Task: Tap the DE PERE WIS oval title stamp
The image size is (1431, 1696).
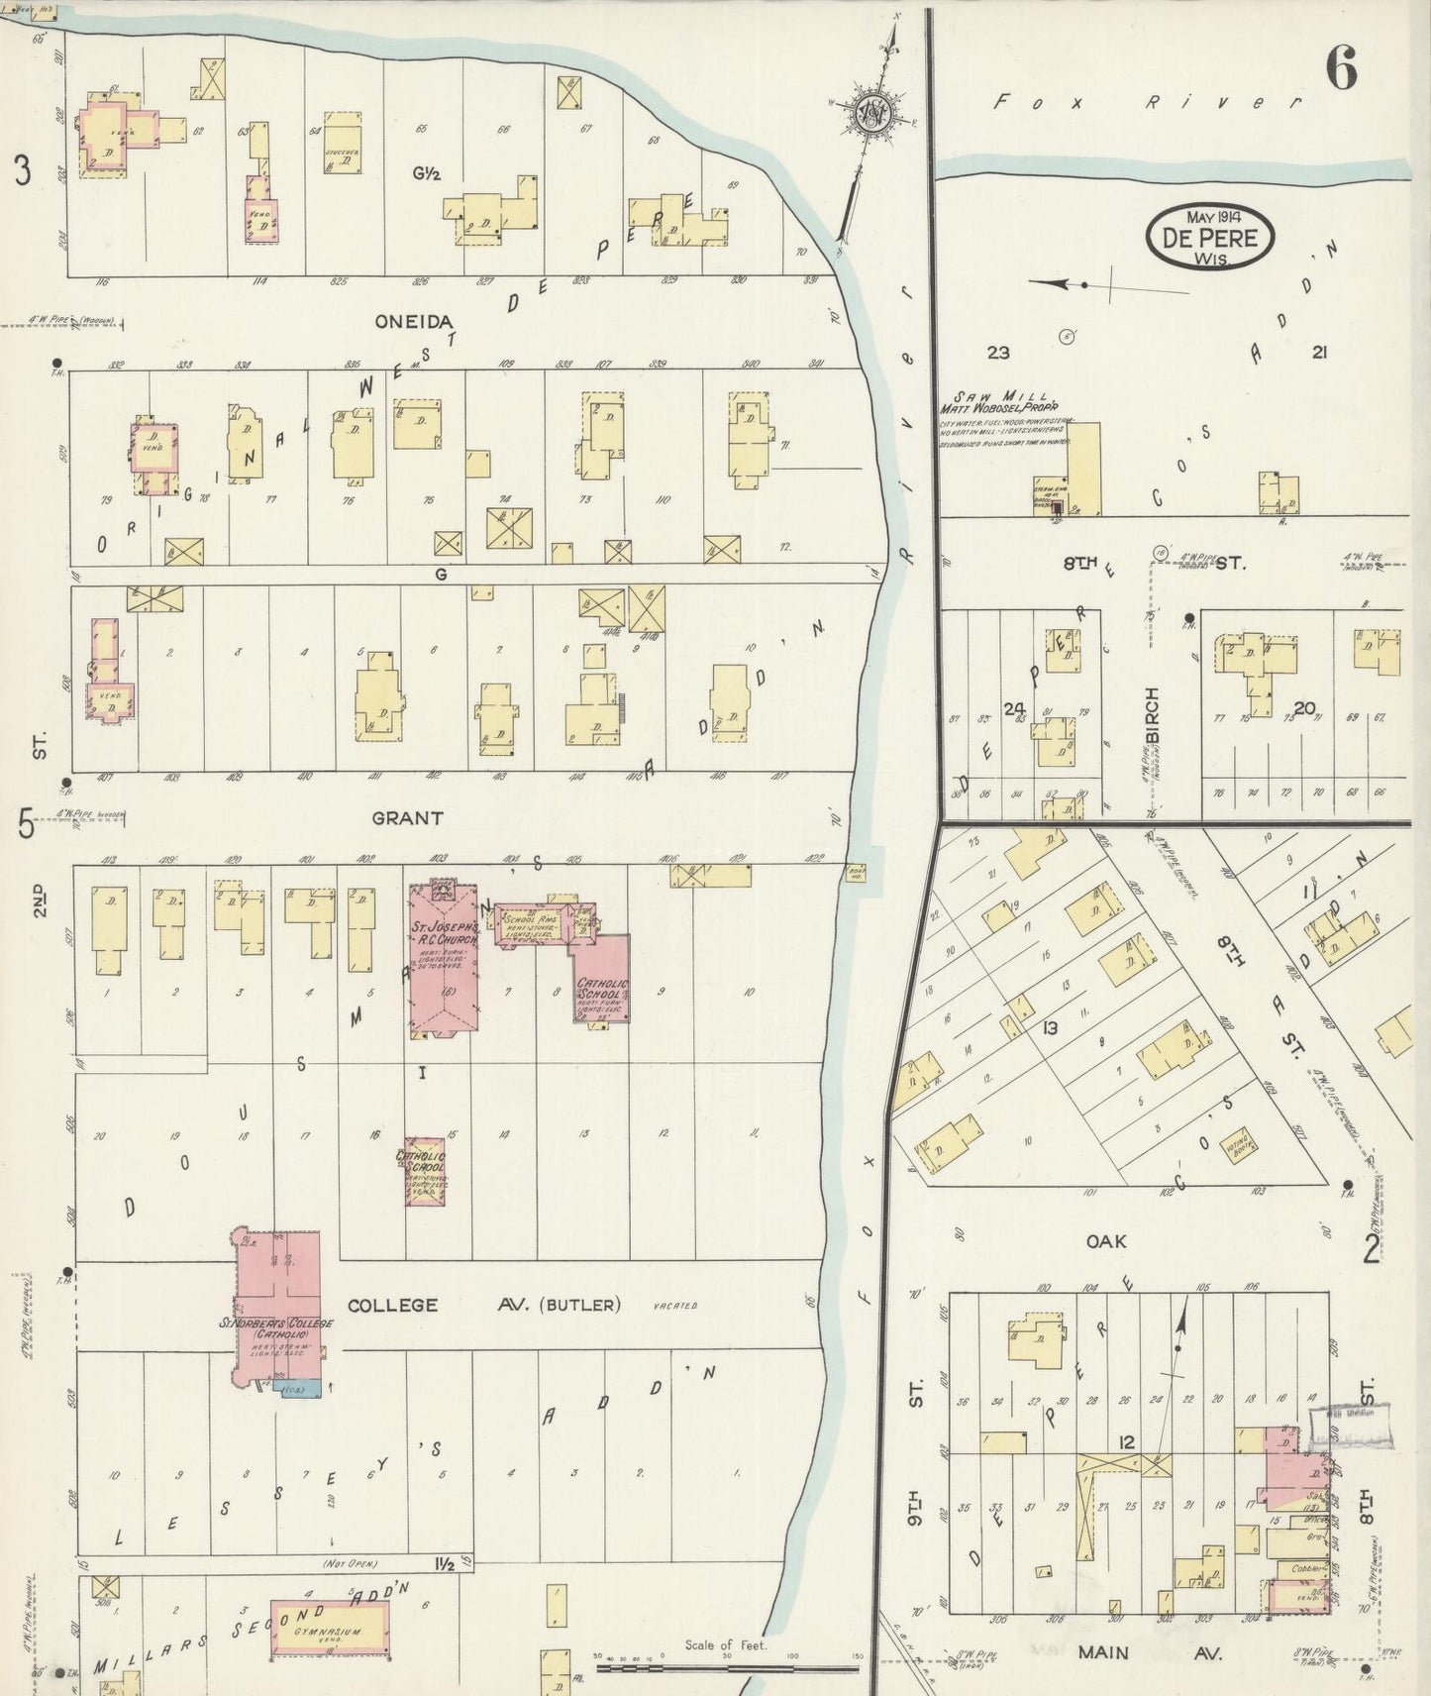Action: pos(1209,237)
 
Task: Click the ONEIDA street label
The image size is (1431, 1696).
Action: pos(414,321)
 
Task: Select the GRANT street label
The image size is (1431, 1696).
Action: pos(407,818)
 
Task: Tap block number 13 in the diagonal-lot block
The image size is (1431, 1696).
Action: pos(1049,1028)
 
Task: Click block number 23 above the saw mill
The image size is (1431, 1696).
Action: pos(997,352)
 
